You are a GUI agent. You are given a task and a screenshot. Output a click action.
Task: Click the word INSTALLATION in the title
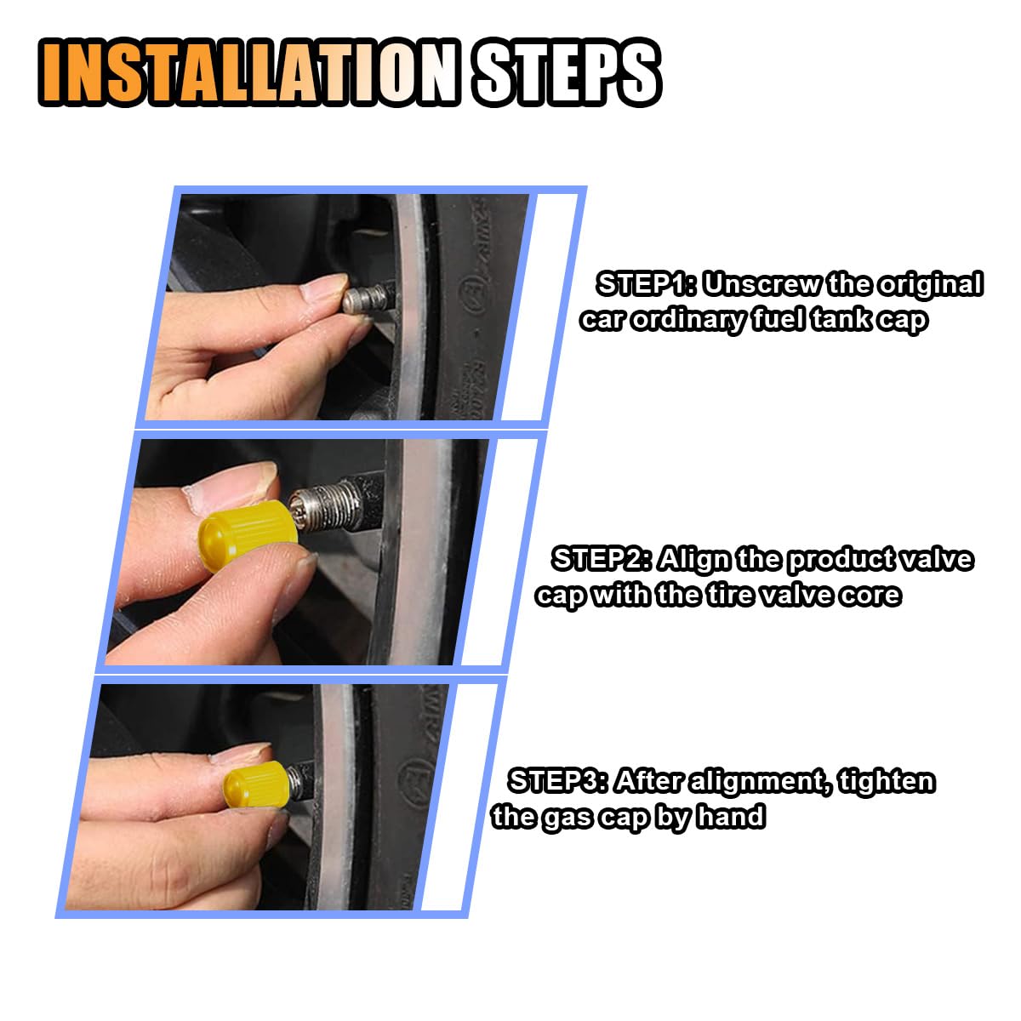coord(248,72)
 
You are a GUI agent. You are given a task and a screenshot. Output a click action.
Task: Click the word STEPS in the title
coord(568,72)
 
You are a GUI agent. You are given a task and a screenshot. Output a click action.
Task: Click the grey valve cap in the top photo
coord(366,299)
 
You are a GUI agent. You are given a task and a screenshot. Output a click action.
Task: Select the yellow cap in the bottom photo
coord(257,784)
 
